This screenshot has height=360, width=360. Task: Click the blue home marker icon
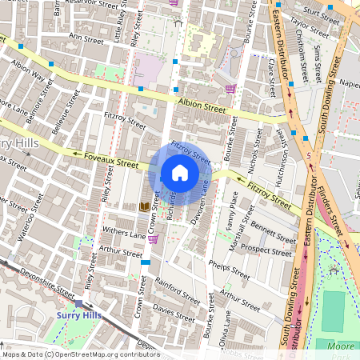pos(180,172)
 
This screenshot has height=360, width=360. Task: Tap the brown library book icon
pos(144,206)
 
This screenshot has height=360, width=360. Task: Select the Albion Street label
pos(201,103)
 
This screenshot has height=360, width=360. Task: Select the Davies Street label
pos(174,308)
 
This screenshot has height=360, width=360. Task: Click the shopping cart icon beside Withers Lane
pos(153,238)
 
